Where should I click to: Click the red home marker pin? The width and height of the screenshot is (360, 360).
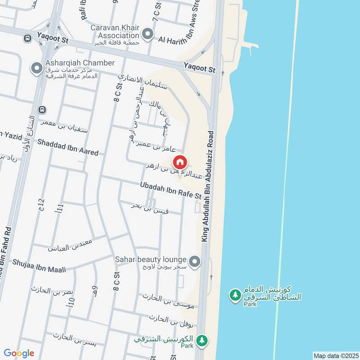coord(180,162)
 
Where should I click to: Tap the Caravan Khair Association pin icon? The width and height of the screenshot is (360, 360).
coord(147,34)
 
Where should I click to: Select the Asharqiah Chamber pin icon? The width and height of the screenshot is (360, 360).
coord(36,68)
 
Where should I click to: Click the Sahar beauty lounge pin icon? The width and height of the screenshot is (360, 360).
coord(194,261)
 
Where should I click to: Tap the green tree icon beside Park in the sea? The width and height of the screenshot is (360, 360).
coord(234,295)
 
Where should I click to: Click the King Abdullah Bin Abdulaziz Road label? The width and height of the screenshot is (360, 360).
coord(208,187)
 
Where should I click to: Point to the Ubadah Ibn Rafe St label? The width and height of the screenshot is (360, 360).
coord(170,190)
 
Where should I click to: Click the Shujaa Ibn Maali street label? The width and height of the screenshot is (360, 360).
coord(39,265)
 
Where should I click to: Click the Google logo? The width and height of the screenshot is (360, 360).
coord(19,353)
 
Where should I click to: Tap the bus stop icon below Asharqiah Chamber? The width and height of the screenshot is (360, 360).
coord(42,109)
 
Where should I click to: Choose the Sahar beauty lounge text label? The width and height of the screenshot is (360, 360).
coord(151,260)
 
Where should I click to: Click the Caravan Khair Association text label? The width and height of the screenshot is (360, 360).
coord(115,31)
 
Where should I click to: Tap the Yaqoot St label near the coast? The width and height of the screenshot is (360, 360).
coord(199,68)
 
